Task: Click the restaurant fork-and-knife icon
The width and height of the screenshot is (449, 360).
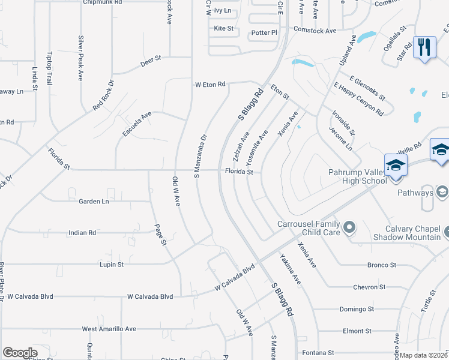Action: pos(425,46)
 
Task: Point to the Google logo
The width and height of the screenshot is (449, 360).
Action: pos(20,353)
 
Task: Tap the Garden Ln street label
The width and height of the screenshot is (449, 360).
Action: pos(94,201)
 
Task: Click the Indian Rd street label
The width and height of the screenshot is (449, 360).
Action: pos(82,232)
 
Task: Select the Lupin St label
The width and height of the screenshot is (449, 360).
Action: pos(112,264)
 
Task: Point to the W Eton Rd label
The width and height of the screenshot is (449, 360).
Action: pos(209,85)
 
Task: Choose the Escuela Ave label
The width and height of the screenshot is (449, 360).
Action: pos(137,124)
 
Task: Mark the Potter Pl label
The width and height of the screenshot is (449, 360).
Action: pos(265,32)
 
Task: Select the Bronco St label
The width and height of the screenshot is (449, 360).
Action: pos(382,265)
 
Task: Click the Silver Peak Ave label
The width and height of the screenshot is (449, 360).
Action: pos(80,58)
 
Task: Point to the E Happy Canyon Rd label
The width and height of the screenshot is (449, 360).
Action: pos(358,99)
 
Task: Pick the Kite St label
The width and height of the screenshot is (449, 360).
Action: pos(223,28)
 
